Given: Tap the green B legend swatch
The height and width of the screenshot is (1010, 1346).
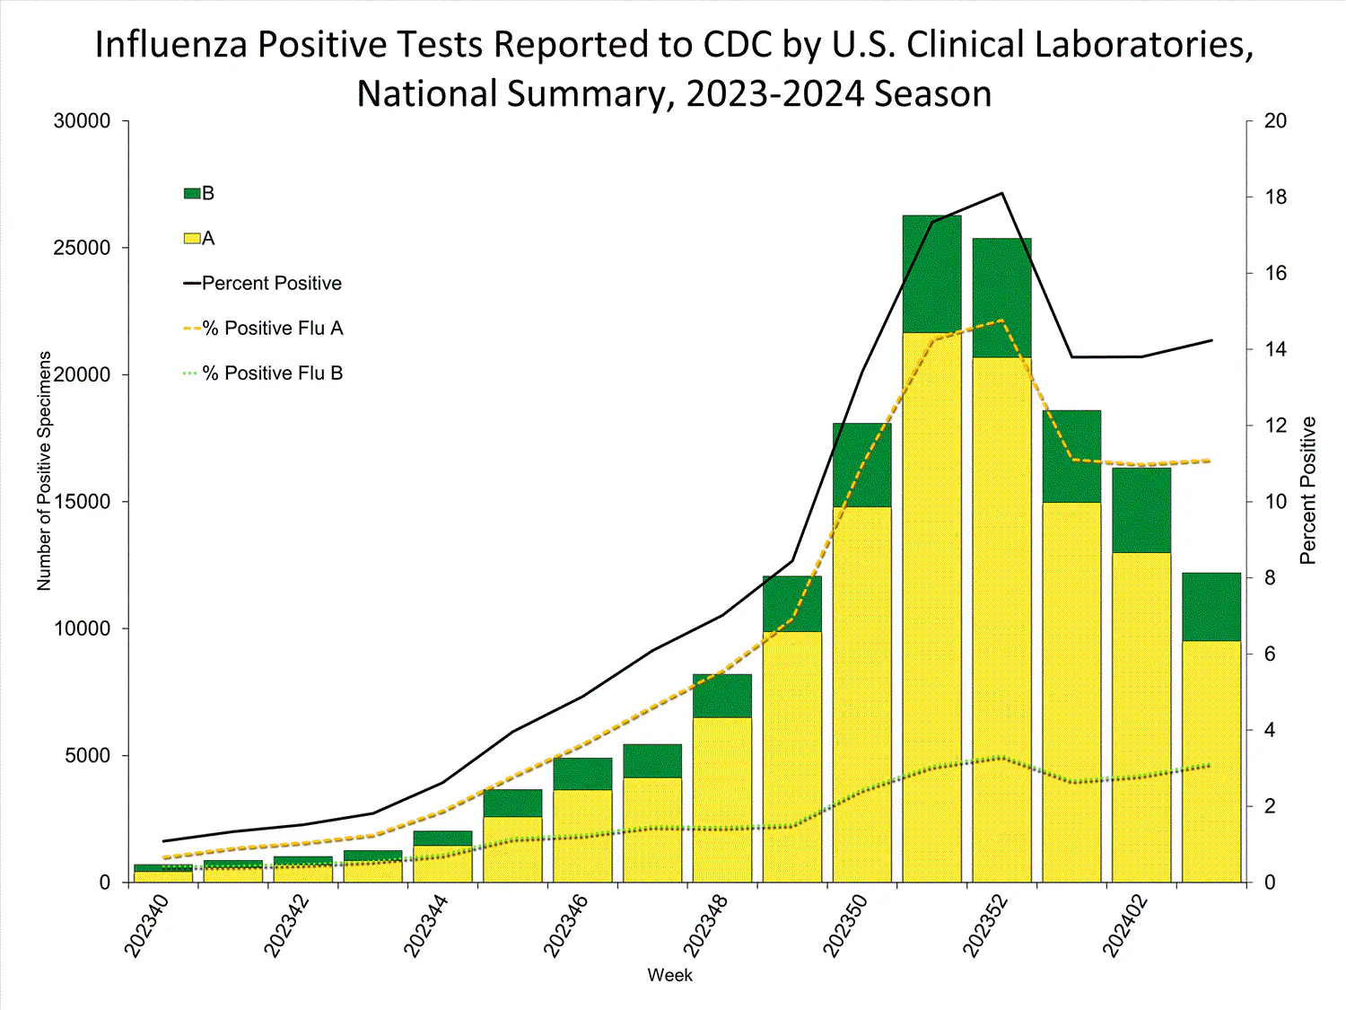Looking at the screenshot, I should tap(191, 193).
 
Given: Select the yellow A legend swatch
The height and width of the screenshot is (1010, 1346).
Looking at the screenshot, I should tap(191, 238).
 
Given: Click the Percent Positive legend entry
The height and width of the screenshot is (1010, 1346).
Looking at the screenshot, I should tap(271, 283).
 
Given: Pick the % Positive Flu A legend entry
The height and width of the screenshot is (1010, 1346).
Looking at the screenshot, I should tap(273, 328).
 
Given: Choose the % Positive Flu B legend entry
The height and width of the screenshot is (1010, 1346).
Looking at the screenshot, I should tap(273, 373).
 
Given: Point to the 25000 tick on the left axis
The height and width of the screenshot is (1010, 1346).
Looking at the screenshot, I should tap(82, 248).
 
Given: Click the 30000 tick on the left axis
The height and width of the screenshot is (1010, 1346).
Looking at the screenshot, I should tap(82, 121).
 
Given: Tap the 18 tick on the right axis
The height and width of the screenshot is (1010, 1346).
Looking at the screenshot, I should tap(1275, 198).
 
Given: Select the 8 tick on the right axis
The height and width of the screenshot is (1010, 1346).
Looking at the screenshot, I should tap(1270, 578).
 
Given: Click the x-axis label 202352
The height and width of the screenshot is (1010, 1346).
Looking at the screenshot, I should tap(984, 926).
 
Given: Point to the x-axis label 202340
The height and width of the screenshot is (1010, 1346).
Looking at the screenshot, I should tap(145, 926).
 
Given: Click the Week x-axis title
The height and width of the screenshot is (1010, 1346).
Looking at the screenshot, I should tap(669, 975).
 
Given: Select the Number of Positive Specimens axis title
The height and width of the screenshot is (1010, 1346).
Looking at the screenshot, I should tap(44, 470).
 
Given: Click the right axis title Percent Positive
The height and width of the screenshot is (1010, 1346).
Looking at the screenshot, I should tap(1307, 490).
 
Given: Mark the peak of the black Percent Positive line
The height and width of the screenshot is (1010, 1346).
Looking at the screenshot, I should tap(1001, 193).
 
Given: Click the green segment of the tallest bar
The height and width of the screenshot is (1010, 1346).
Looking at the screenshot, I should tap(931, 274).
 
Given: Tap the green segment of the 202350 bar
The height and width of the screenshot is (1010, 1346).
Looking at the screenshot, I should tap(861, 464).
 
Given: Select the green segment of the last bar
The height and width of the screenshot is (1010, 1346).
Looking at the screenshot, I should tap(1211, 606).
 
